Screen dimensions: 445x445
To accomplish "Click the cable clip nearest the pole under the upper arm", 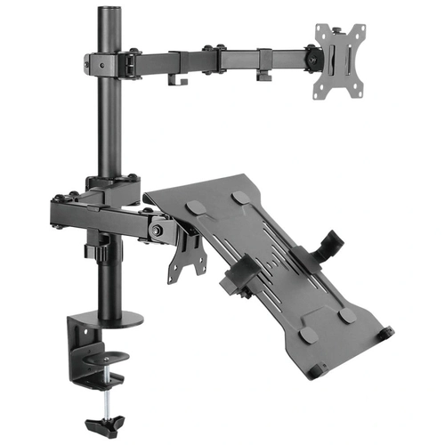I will (175, 77).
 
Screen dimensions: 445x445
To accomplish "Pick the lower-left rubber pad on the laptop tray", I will (307, 335).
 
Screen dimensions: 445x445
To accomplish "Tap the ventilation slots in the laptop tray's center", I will (267, 258).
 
